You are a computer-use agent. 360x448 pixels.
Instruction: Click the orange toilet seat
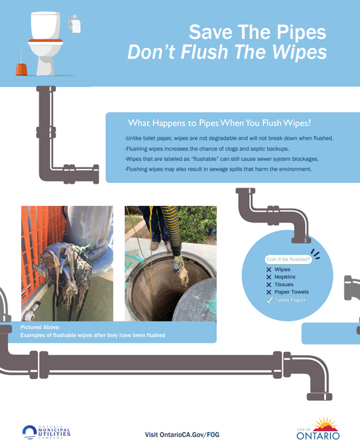click(46, 40)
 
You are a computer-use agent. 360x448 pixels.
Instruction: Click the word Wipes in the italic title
click(299, 52)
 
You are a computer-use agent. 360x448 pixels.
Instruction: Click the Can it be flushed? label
click(288, 259)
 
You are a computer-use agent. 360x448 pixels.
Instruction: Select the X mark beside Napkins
click(269, 277)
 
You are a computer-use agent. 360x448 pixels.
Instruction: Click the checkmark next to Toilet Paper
click(269, 300)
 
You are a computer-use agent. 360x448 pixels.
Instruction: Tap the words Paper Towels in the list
click(292, 292)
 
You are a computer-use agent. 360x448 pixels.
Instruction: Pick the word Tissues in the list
click(284, 284)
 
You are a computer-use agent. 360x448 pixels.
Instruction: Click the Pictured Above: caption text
click(40, 327)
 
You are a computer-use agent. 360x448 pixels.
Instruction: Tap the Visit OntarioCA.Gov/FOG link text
click(182, 435)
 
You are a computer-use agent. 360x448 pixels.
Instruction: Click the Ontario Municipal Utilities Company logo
click(46, 432)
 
